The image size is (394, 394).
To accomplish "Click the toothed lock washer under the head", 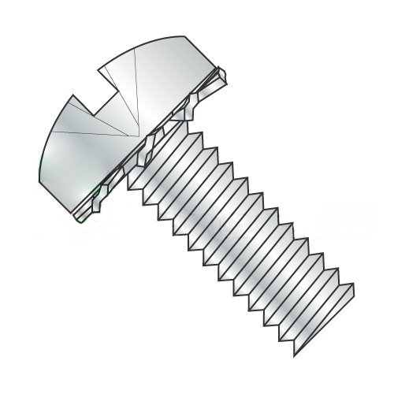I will point(150,150).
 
